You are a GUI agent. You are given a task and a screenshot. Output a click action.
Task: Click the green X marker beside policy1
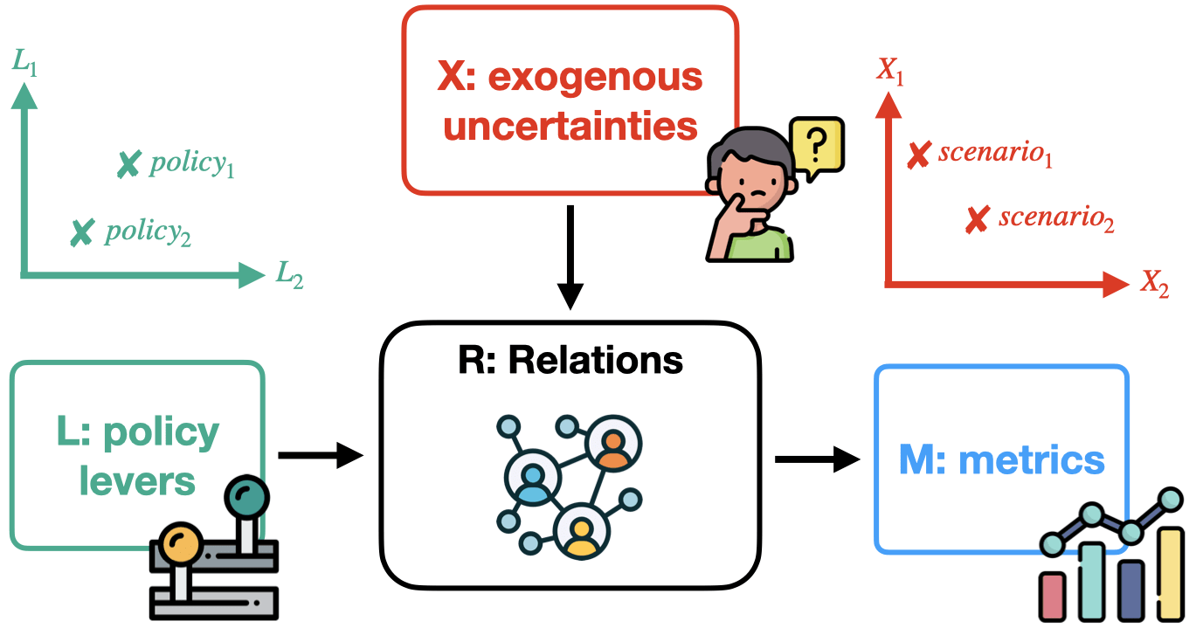[x=128, y=164]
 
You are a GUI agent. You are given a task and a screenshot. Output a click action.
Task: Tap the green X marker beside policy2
[x=81, y=232]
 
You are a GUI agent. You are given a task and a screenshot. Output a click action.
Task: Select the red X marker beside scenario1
[x=917, y=155]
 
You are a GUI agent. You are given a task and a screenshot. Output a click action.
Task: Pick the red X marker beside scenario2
[x=977, y=219]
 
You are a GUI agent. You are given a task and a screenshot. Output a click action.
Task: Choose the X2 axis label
[x=1153, y=283]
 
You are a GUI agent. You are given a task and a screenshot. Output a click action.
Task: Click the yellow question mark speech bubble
[x=815, y=145]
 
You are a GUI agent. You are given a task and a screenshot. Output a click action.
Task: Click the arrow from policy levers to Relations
[x=320, y=455]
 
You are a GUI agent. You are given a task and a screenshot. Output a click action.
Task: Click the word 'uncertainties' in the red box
[x=571, y=126]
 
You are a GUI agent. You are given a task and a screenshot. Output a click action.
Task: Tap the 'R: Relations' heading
[x=570, y=359]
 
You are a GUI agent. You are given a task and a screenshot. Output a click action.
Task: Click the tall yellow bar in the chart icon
[x=1171, y=572]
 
